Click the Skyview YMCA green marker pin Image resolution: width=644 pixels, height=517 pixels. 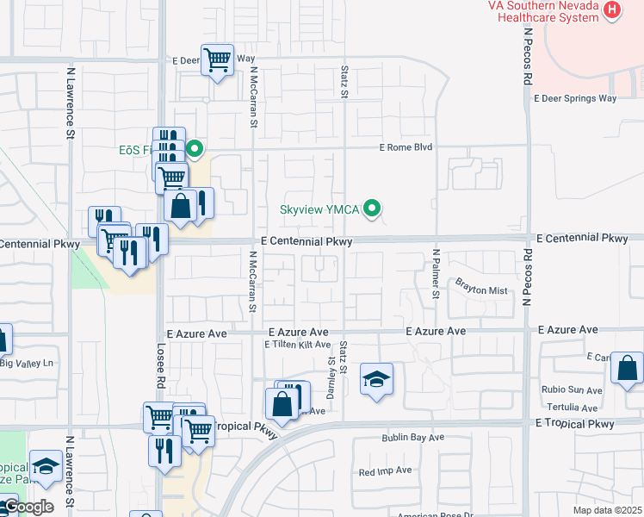click(x=373, y=209)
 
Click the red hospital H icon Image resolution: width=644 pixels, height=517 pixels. click(x=612, y=11)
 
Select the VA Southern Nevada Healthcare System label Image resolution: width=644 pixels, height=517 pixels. click(x=542, y=11)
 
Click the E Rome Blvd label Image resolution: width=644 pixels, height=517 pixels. click(x=405, y=147)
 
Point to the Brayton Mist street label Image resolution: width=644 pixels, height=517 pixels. click(x=482, y=290)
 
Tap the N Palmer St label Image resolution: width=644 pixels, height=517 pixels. click(x=437, y=274)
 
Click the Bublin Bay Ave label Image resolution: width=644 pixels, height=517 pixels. click(x=413, y=438)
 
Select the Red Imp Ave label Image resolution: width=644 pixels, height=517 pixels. click(x=385, y=471)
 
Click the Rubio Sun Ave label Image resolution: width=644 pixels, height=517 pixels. click(x=572, y=390)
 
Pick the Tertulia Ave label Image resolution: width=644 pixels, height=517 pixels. click(x=570, y=408)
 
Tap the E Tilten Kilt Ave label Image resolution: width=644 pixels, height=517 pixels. click(x=297, y=345)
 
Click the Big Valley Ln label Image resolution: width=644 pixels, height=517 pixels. click(x=26, y=363)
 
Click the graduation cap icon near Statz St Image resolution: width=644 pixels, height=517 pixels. click(x=376, y=379)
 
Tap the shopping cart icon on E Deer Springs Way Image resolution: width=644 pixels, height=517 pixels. click(x=218, y=60)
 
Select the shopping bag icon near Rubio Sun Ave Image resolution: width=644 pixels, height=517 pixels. click(x=628, y=369)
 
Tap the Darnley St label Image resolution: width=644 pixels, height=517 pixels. click(x=330, y=372)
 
